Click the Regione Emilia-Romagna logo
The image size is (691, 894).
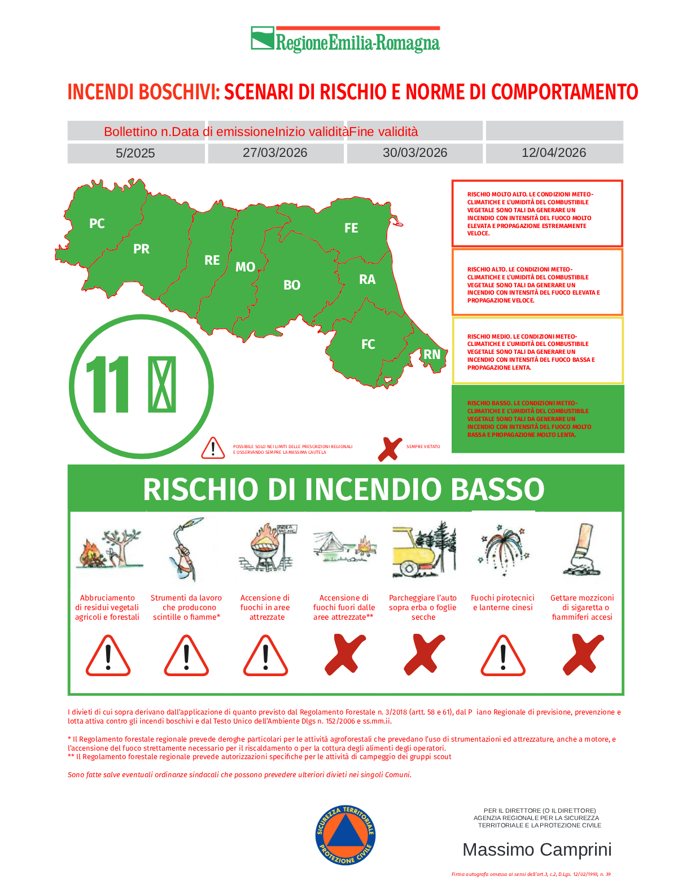pyautogui.click(x=345, y=40)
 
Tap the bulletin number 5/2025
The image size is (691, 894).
pyautogui.click(x=135, y=153)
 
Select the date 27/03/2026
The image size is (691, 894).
pyautogui.click(x=275, y=153)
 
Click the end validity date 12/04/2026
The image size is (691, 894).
pyautogui.click(x=554, y=153)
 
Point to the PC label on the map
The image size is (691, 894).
pyautogui.click(x=97, y=224)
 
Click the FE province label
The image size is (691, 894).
pyautogui.click(x=351, y=228)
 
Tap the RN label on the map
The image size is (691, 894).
pyautogui.click(x=432, y=354)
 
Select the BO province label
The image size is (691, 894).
pyautogui.click(x=292, y=285)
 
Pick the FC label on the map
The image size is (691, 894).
pyautogui.click(x=368, y=344)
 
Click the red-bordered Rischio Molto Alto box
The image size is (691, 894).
pyautogui.click(x=537, y=213)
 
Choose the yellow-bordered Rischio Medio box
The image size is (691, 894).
pyautogui.click(x=537, y=351)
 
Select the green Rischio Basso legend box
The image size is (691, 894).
pyautogui.click(x=537, y=419)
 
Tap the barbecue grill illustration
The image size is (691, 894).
pyautogui.click(x=264, y=548)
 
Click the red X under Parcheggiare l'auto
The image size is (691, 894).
pyautogui.click(x=424, y=655)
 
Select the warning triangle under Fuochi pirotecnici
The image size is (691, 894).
pyautogui.click(x=503, y=656)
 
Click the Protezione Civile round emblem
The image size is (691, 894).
pyautogui.click(x=345, y=835)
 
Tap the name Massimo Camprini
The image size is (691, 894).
pyautogui.click(x=537, y=849)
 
